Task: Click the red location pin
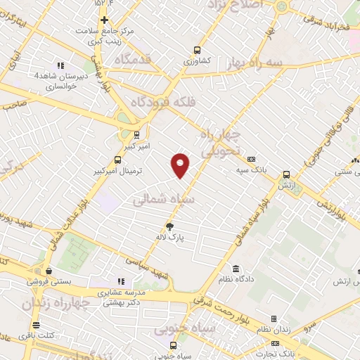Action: point(181,165)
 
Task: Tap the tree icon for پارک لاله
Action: point(169,226)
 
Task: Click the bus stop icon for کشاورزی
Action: point(197,50)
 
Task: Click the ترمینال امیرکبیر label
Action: point(119,171)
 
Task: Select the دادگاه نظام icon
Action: point(235,269)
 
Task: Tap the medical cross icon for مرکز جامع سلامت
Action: point(105,20)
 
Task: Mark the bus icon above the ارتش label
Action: point(286,174)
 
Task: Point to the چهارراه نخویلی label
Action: point(221,143)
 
